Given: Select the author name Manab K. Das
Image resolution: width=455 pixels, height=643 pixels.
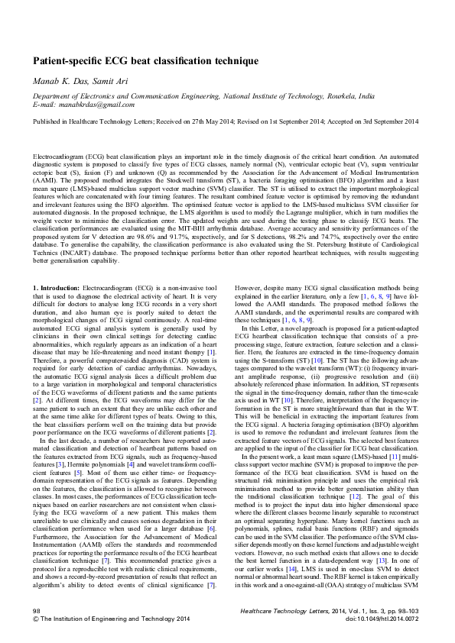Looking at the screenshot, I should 59,82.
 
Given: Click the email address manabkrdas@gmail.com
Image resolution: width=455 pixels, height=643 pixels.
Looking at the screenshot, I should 92,105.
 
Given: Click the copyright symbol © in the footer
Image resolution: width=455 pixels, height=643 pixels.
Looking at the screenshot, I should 36,619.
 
